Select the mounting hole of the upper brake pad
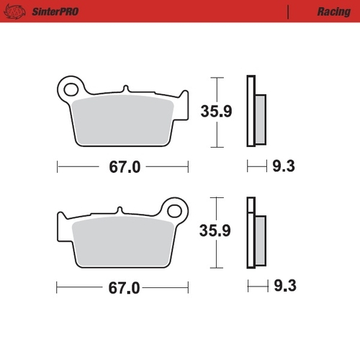click(71, 89)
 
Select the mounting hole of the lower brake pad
click(174, 210)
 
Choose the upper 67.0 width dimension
click(124, 167)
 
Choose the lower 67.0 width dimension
click(124, 287)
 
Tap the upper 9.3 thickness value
click(282, 167)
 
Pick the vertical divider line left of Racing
click(288, 12)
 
